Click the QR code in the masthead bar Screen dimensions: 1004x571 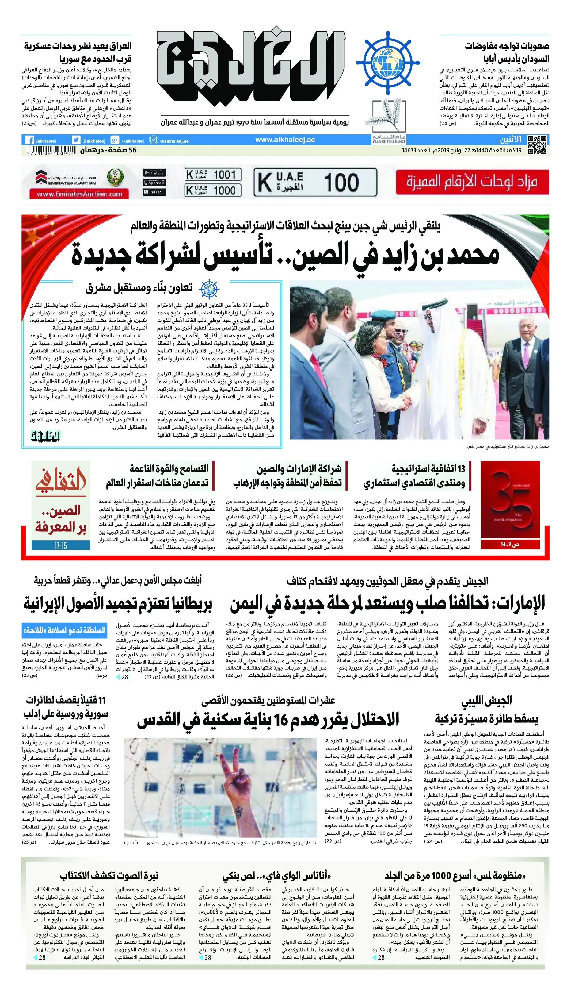click(x=537, y=144)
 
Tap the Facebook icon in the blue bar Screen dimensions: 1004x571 click(x=29, y=140)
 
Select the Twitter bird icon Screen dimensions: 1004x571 click(x=76, y=140)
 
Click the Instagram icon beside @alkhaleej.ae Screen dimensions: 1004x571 click(x=154, y=140)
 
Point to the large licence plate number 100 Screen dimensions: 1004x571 click(x=341, y=183)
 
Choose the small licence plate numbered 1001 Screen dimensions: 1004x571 click(x=213, y=174)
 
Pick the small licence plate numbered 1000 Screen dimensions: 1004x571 click(x=213, y=190)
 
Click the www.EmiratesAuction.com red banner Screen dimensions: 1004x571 click(x=79, y=194)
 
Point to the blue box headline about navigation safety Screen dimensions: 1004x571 click(x=64, y=630)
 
